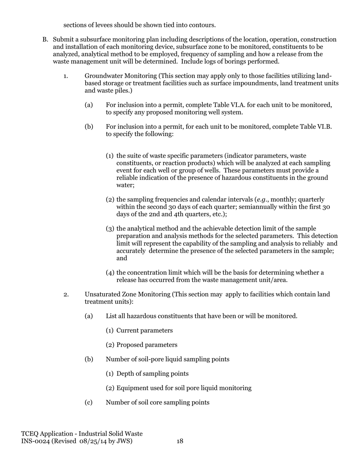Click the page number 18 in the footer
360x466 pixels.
(x=180, y=441)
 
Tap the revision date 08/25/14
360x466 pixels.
(x=94, y=441)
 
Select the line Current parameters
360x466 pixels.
(x=144, y=330)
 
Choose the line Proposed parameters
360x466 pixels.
(x=147, y=345)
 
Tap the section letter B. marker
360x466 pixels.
(x=45, y=40)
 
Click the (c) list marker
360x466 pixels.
(x=89, y=402)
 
